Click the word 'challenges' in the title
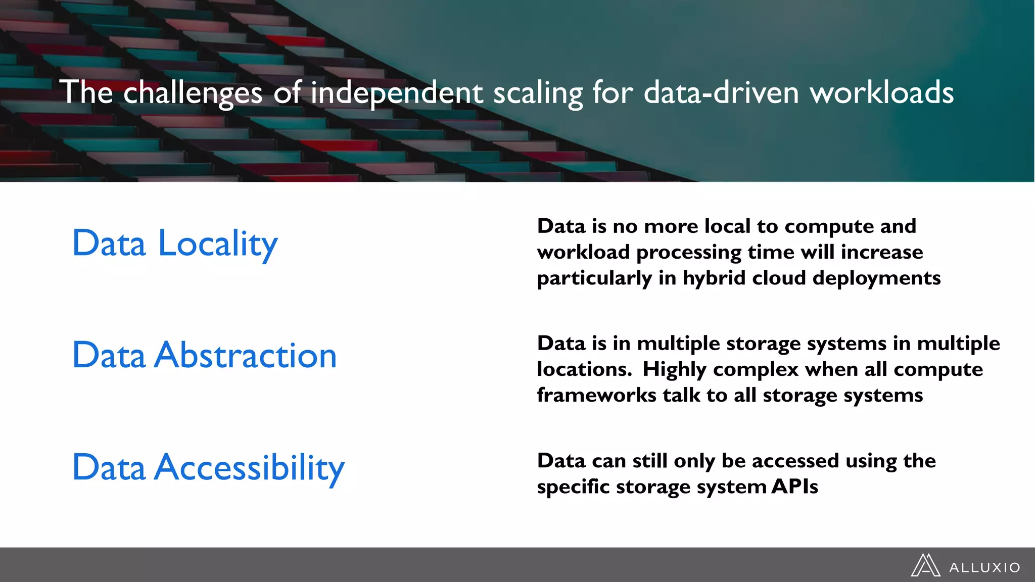click(x=193, y=93)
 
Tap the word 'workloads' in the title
click(x=881, y=93)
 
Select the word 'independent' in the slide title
click(x=397, y=93)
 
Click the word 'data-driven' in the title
click(x=721, y=93)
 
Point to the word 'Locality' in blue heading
click(x=218, y=244)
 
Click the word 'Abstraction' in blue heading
click(x=246, y=356)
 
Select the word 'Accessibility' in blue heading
click(x=250, y=468)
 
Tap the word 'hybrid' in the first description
click(x=714, y=278)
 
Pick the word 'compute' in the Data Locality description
click(x=829, y=226)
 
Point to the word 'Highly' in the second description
click(x=674, y=370)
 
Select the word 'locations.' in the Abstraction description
click(x=584, y=369)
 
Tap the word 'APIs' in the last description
click(x=794, y=487)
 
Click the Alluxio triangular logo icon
click(x=925, y=565)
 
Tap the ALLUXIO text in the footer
click(x=984, y=568)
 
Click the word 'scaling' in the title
click(x=538, y=93)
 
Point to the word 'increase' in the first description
click(x=881, y=252)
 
